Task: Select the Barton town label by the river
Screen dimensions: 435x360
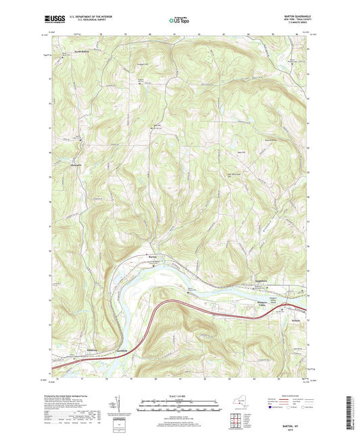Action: tap(153, 256)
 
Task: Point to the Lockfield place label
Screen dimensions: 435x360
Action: tap(122, 351)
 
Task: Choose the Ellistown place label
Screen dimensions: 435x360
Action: tap(94, 351)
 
